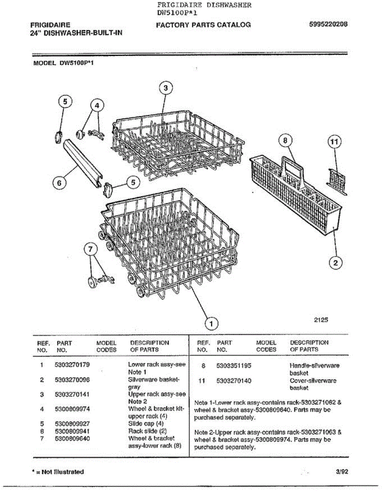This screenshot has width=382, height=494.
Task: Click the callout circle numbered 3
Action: click(x=165, y=88)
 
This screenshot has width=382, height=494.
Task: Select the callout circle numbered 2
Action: click(x=336, y=263)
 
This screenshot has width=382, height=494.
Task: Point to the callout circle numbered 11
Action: click(x=334, y=142)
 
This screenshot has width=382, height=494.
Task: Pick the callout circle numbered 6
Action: click(x=59, y=182)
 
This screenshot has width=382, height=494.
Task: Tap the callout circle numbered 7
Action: click(x=91, y=249)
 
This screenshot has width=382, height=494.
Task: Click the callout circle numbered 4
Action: click(x=96, y=106)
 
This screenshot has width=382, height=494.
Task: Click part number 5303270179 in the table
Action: click(x=72, y=364)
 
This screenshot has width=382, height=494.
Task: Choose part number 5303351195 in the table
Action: click(x=234, y=365)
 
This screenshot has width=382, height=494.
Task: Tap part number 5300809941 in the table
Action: click(x=72, y=431)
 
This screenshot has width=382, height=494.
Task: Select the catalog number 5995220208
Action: click(x=328, y=24)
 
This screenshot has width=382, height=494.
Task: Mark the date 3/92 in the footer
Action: click(x=342, y=472)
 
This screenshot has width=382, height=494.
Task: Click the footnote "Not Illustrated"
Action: click(x=62, y=472)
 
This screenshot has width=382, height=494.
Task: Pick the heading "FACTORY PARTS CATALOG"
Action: click(x=203, y=25)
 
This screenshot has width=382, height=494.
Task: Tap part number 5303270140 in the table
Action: click(x=234, y=381)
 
